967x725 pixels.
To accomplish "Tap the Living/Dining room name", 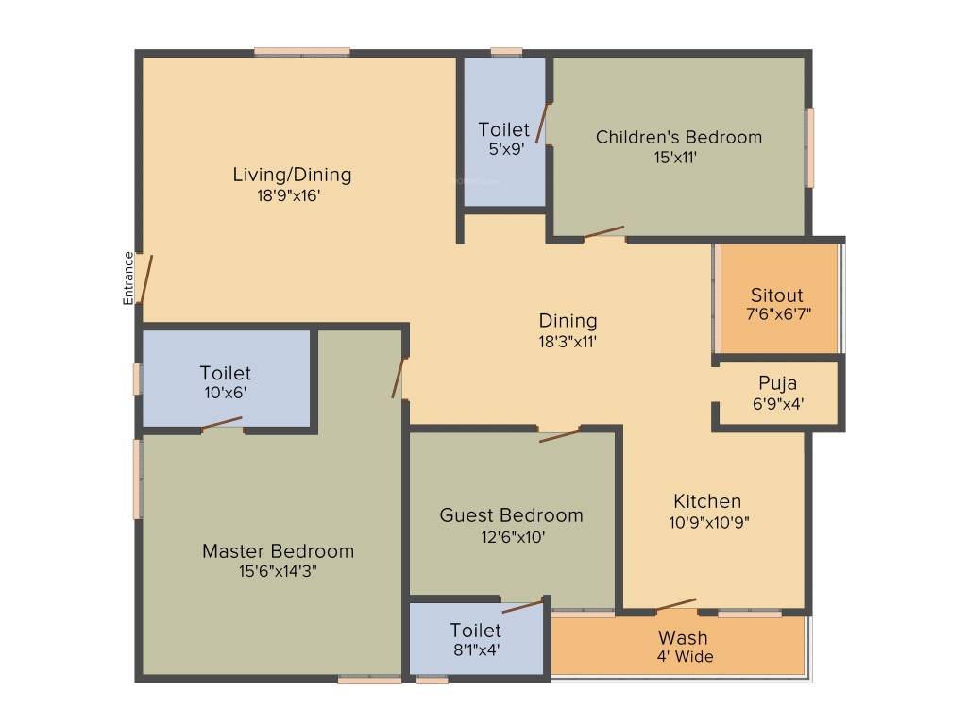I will pos(292,175).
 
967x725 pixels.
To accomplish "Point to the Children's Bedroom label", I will pos(678,137).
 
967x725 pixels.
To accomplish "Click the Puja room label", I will pos(777,383).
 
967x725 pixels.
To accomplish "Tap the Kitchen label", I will pos(707,500).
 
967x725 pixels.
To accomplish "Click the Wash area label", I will pos(682,637).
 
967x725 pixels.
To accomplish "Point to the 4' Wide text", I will pos(685,657).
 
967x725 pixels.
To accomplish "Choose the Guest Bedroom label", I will pos(511,515).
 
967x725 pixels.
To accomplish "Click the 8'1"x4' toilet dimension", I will pos(475,649).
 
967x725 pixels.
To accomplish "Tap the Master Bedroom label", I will pos(278,550).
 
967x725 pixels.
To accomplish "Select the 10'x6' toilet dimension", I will pos(225,394).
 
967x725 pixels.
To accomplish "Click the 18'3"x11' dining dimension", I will pos(568,342).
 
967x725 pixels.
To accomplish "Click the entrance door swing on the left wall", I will pos(144,278).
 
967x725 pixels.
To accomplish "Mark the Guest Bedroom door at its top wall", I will pos(560,435).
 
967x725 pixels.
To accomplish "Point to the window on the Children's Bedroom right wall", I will pos(809,147).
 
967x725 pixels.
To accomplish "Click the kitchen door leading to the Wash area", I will pos(676,604).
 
